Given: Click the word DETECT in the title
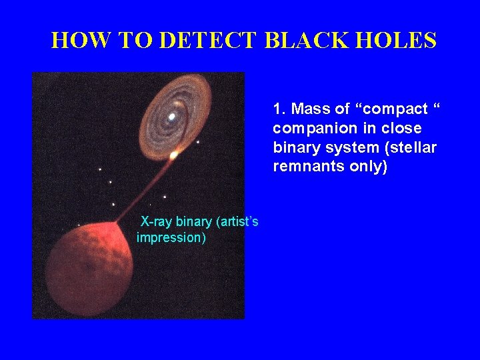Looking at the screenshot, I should click(208, 41).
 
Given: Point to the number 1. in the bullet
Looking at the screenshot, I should click(279, 109).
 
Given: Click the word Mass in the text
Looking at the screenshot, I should click(309, 109).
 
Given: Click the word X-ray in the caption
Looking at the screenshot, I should click(157, 222).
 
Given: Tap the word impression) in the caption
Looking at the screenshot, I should click(171, 237).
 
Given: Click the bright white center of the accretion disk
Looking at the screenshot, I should click(172, 117).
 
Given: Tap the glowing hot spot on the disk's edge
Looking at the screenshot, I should click(173, 155).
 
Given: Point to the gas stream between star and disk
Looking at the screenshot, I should click(145, 190).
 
